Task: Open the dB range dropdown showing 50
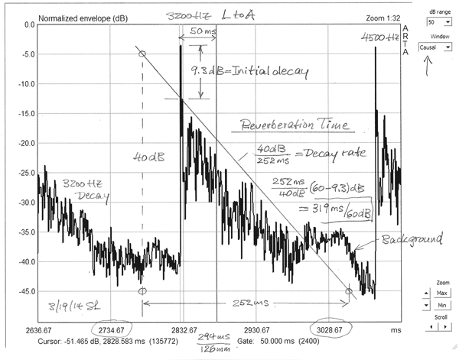pyautogui.click(x=433, y=22)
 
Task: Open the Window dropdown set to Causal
pyautogui.click(x=433, y=47)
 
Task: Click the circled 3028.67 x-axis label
pyautogui.click(x=330, y=329)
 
